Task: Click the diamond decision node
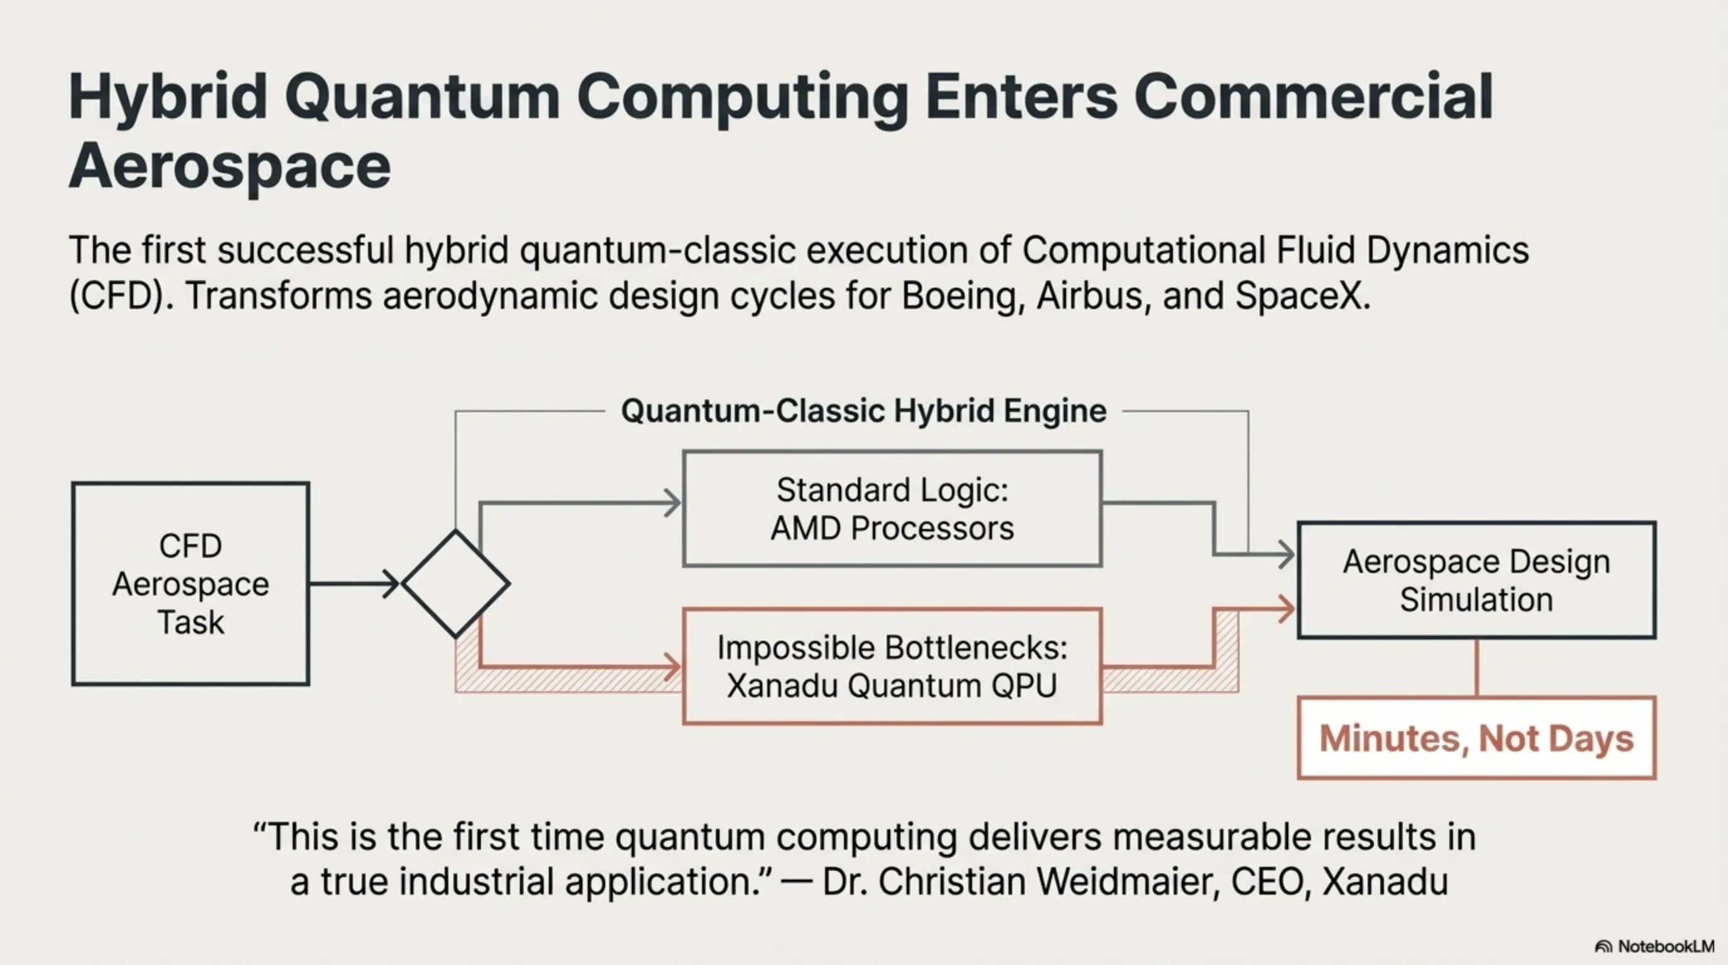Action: [455, 583]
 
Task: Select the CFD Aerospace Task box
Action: [190, 583]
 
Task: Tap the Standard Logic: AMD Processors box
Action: [892, 509]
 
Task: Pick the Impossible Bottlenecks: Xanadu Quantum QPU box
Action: [892, 666]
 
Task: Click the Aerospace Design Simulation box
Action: [1476, 580]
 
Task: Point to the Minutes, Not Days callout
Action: [1476, 738]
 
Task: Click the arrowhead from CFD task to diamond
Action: [392, 583]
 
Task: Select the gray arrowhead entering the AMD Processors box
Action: [671, 503]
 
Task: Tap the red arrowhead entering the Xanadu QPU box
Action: [671, 667]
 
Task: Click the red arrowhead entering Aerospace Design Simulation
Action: [1286, 609]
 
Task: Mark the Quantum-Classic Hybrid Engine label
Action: [863, 411]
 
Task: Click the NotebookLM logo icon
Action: [1603, 947]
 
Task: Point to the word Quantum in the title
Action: [423, 97]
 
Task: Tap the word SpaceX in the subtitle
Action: [1302, 295]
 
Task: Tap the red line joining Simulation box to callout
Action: [1476, 667]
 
